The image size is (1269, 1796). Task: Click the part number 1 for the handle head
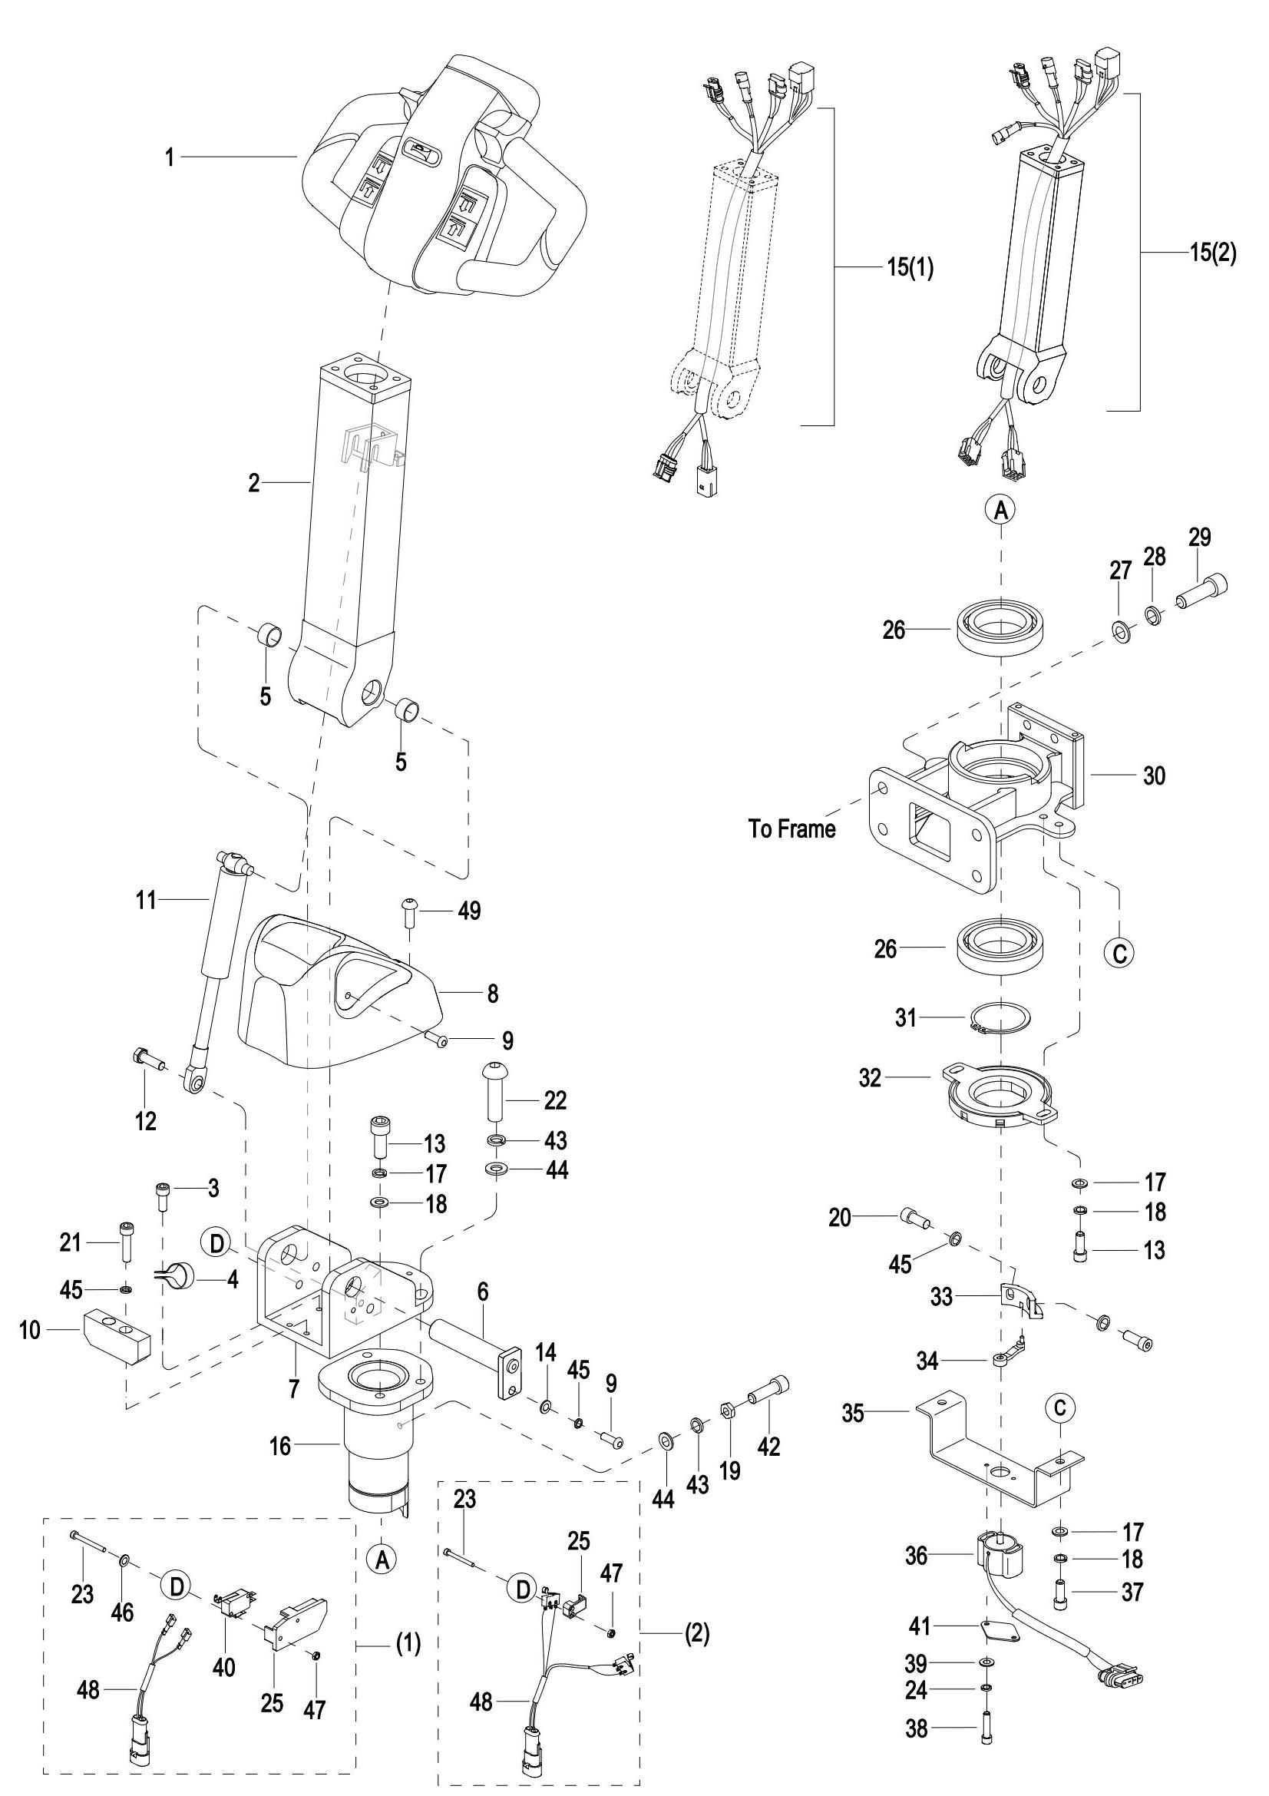[169, 157]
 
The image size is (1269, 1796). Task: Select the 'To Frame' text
[791, 829]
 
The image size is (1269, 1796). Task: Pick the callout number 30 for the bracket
[1153, 776]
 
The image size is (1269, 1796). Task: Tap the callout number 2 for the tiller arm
[253, 484]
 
